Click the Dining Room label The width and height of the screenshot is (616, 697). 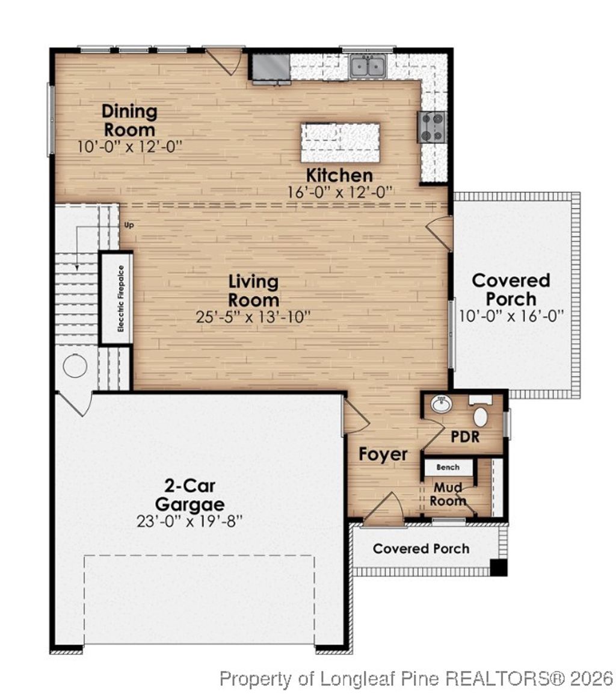point(129,120)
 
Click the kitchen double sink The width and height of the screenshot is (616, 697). point(367,66)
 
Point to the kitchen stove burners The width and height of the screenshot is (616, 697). point(432,127)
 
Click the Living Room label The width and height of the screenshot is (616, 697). point(253,290)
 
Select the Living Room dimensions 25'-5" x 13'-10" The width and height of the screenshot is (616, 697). point(253,317)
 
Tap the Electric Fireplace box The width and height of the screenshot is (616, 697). point(116,299)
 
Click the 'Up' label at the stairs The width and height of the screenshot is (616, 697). point(128,225)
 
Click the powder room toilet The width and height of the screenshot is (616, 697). point(481,415)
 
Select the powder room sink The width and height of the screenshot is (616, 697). point(442,405)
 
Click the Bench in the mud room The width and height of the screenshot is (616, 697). point(448,467)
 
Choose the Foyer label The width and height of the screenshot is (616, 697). point(383,454)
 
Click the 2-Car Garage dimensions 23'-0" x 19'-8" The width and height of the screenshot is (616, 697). point(189,521)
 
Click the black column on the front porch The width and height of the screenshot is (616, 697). point(498,568)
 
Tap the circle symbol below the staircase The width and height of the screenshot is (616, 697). point(75,366)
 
